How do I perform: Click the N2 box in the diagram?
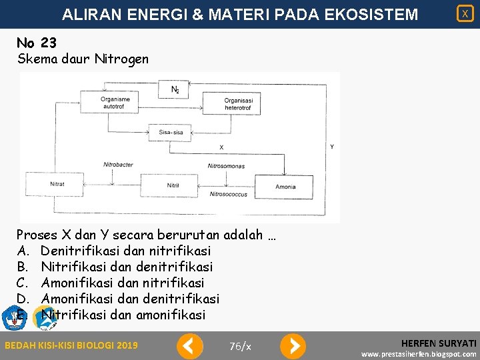click(x=174, y=89)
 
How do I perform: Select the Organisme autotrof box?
click(x=115, y=103)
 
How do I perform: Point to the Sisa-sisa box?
click(x=171, y=133)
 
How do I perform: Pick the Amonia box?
click(x=285, y=186)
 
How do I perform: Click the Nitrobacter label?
click(x=118, y=165)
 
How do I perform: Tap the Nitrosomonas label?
click(x=226, y=166)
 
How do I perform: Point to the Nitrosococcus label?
click(x=228, y=195)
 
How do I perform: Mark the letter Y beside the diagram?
click(x=332, y=146)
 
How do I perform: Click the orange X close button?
click(x=465, y=13)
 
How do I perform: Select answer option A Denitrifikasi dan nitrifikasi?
click(x=125, y=251)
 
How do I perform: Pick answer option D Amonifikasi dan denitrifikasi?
click(x=130, y=299)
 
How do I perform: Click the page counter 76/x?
click(x=240, y=346)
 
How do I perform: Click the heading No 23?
click(x=37, y=43)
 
